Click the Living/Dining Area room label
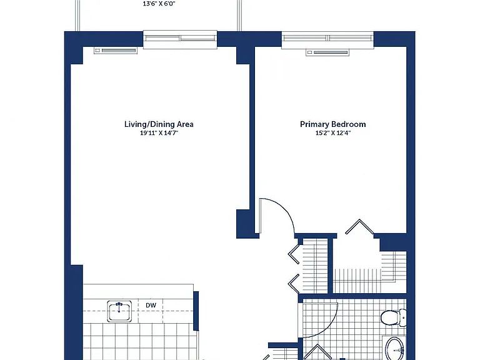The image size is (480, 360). pyautogui.click(x=159, y=124)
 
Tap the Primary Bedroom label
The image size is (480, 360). pyautogui.click(x=332, y=124)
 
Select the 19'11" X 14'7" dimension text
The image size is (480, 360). pyautogui.click(x=159, y=133)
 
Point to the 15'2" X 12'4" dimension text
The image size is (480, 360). pyautogui.click(x=332, y=133)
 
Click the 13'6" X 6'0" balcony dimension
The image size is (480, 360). pyautogui.click(x=159, y=4)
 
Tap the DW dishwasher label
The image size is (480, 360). pyautogui.click(x=151, y=305)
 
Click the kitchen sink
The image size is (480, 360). pyautogui.click(x=119, y=311)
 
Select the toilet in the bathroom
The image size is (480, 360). pyautogui.click(x=394, y=317)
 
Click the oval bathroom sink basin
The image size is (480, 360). pyautogui.click(x=395, y=348)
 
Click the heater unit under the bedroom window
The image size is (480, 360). pyautogui.click(x=327, y=52)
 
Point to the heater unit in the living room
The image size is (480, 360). pyautogui.click(x=116, y=51)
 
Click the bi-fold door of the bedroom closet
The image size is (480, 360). pyautogui.click(x=359, y=226)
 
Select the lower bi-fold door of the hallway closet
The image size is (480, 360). pyautogui.click(x=294, y=284)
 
